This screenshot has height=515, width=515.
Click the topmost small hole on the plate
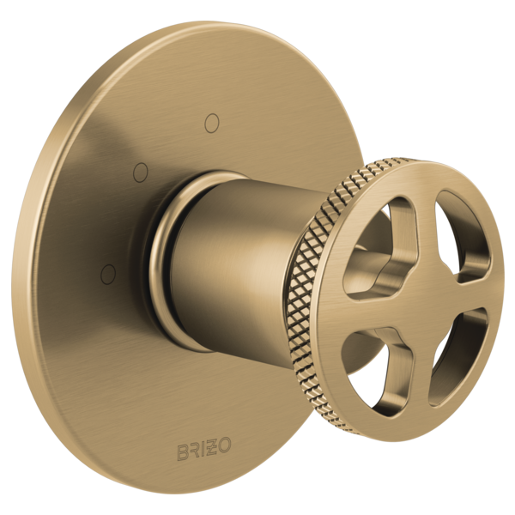(212, 123)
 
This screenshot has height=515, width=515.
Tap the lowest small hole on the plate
(108, 273)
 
